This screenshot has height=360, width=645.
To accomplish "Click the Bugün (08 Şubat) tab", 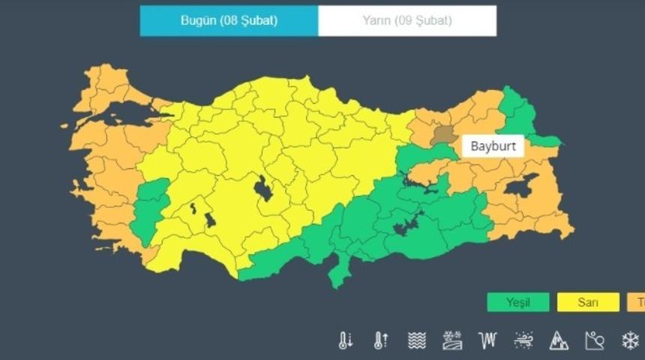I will (229, 21).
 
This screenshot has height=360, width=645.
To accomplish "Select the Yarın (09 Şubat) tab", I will (407, 21).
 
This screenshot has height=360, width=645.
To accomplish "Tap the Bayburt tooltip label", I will (493, 145).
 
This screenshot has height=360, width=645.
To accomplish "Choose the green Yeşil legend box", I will (517, 302).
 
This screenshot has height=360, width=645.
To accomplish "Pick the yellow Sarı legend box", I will (587, 302).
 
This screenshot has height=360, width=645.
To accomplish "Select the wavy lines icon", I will (416, 341).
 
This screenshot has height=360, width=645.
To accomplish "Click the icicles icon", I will (487, 341).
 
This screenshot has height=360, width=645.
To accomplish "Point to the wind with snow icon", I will (523, 341).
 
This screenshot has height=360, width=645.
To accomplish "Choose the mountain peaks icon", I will (559, 341).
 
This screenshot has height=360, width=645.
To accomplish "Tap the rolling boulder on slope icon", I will (594, 341).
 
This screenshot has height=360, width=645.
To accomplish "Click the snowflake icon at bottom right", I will (630, 341).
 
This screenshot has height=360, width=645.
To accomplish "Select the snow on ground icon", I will (452, 341).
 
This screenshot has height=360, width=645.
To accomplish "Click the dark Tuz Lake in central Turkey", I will (263, 188).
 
